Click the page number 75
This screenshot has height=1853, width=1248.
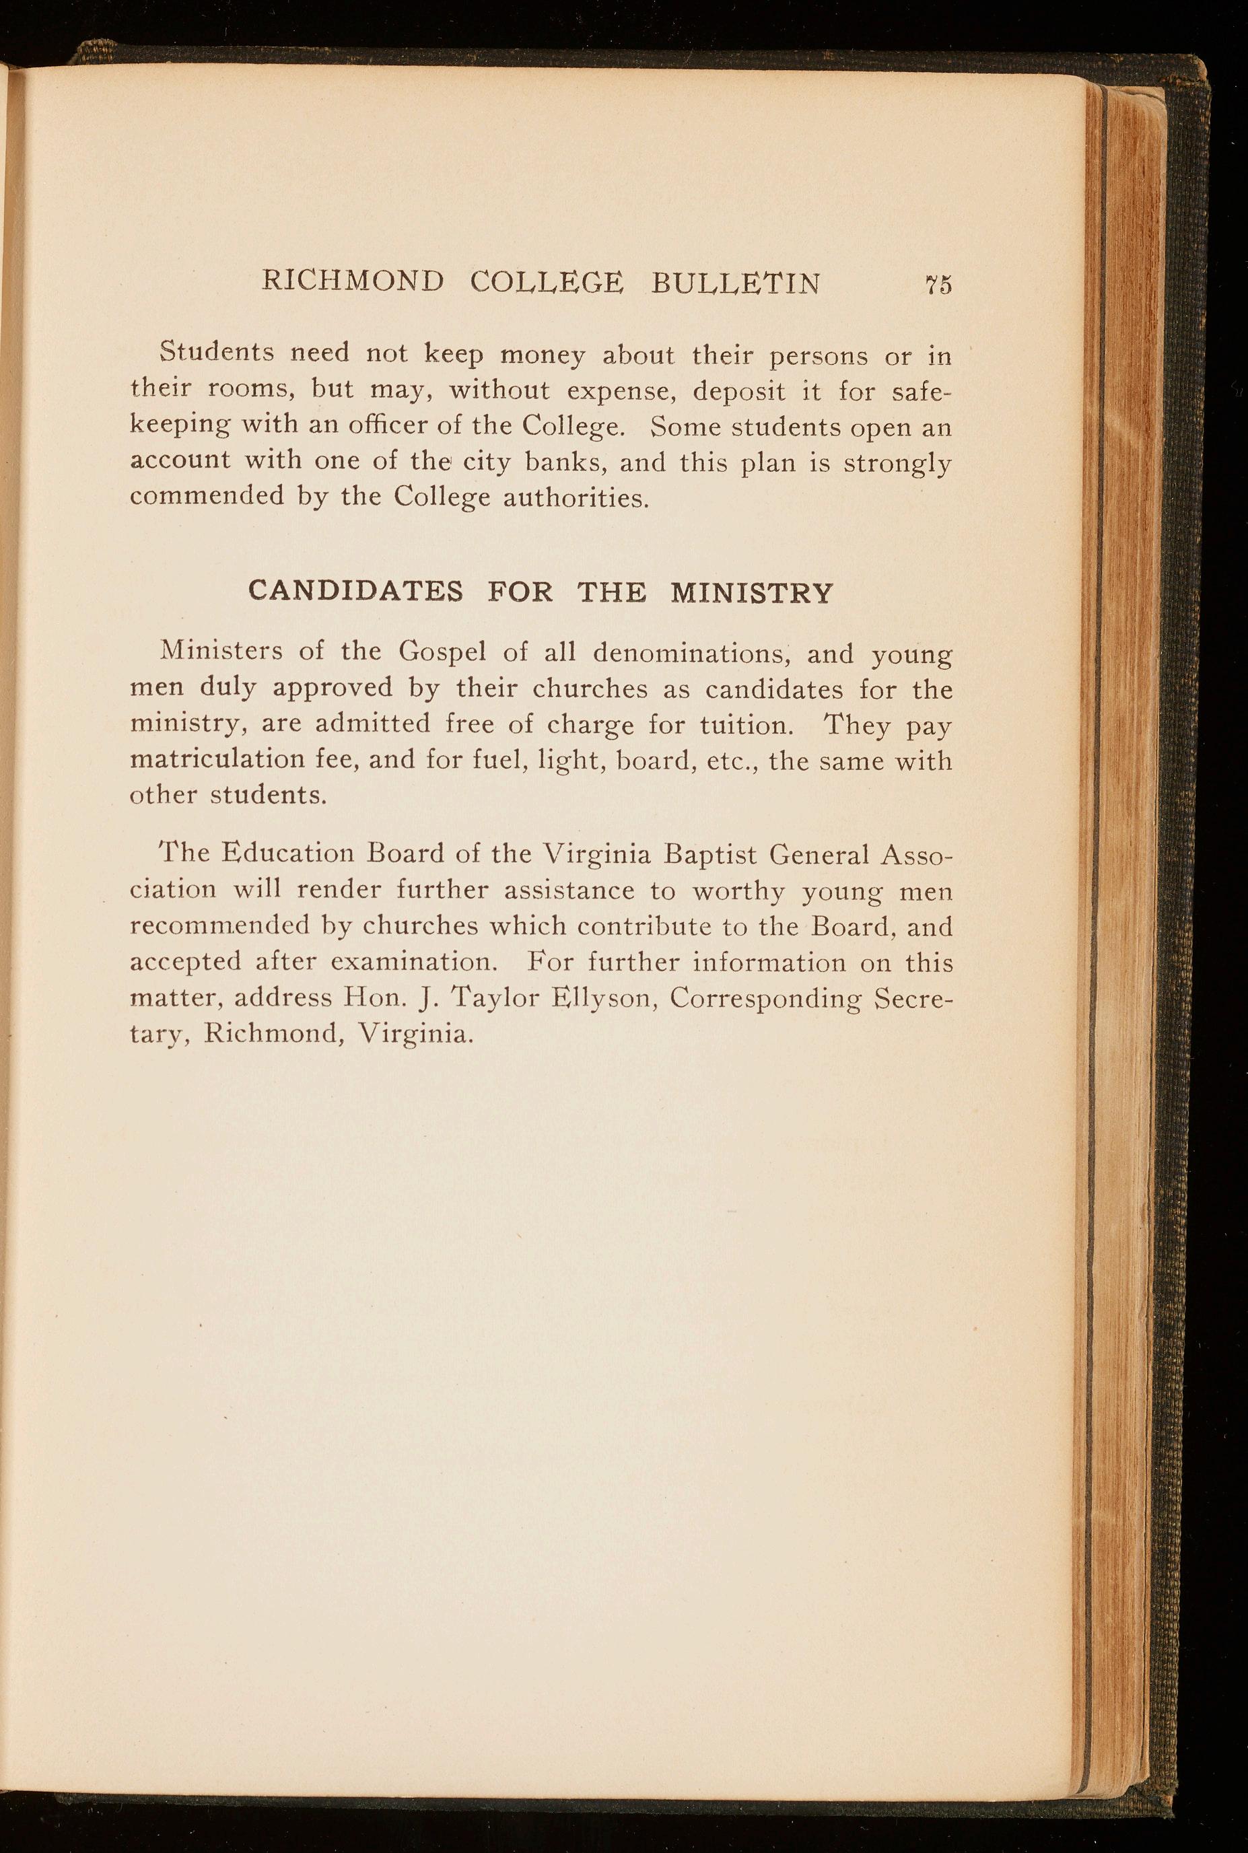938,285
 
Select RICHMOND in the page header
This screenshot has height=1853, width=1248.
353,281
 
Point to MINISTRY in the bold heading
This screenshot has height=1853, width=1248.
751,593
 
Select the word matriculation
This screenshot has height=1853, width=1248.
217,761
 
